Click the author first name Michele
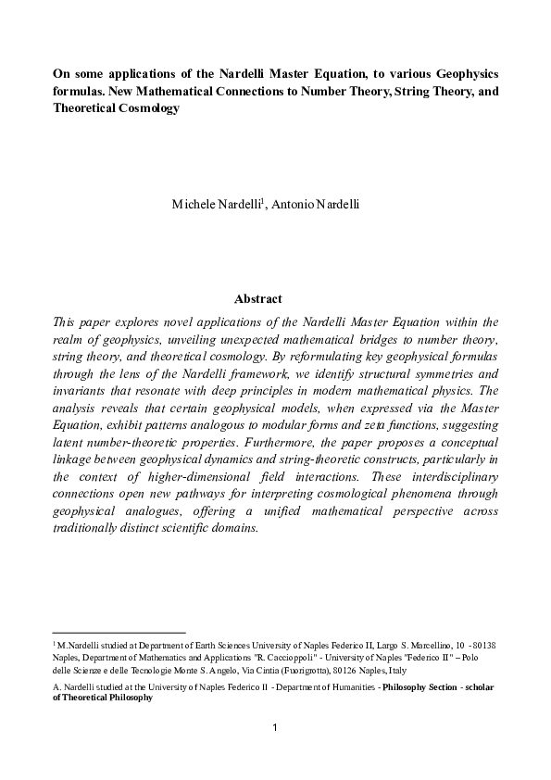(193, 204)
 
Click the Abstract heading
(258, 299)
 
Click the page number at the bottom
(275, 727)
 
